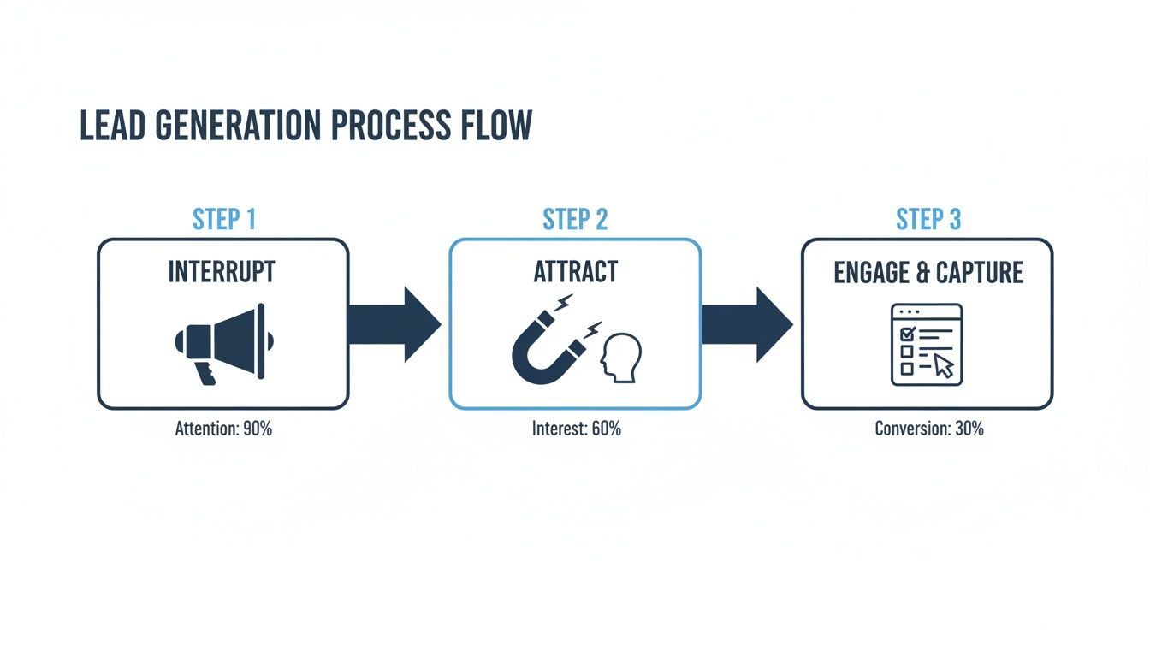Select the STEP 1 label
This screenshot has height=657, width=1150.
(x=223, y=220)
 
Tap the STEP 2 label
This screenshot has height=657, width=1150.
(x=575, y=220)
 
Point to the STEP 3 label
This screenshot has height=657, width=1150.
(x=928, y=220)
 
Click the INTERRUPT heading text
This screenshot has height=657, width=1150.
(x=222, y=272)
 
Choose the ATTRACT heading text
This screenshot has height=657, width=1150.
(x=575, y=272)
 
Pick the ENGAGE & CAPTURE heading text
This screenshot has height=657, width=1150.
(x=928, y=273)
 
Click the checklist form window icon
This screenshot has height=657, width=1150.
(x=926, y=344)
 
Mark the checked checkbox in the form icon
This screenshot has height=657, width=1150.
(x=907, y=333)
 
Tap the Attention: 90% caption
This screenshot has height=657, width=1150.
(x=223, y=429)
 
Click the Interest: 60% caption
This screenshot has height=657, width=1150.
(x=576, y=429)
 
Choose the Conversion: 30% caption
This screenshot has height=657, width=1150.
(x=928, y=429)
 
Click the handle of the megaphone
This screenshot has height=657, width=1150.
(x=205, y=373)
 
